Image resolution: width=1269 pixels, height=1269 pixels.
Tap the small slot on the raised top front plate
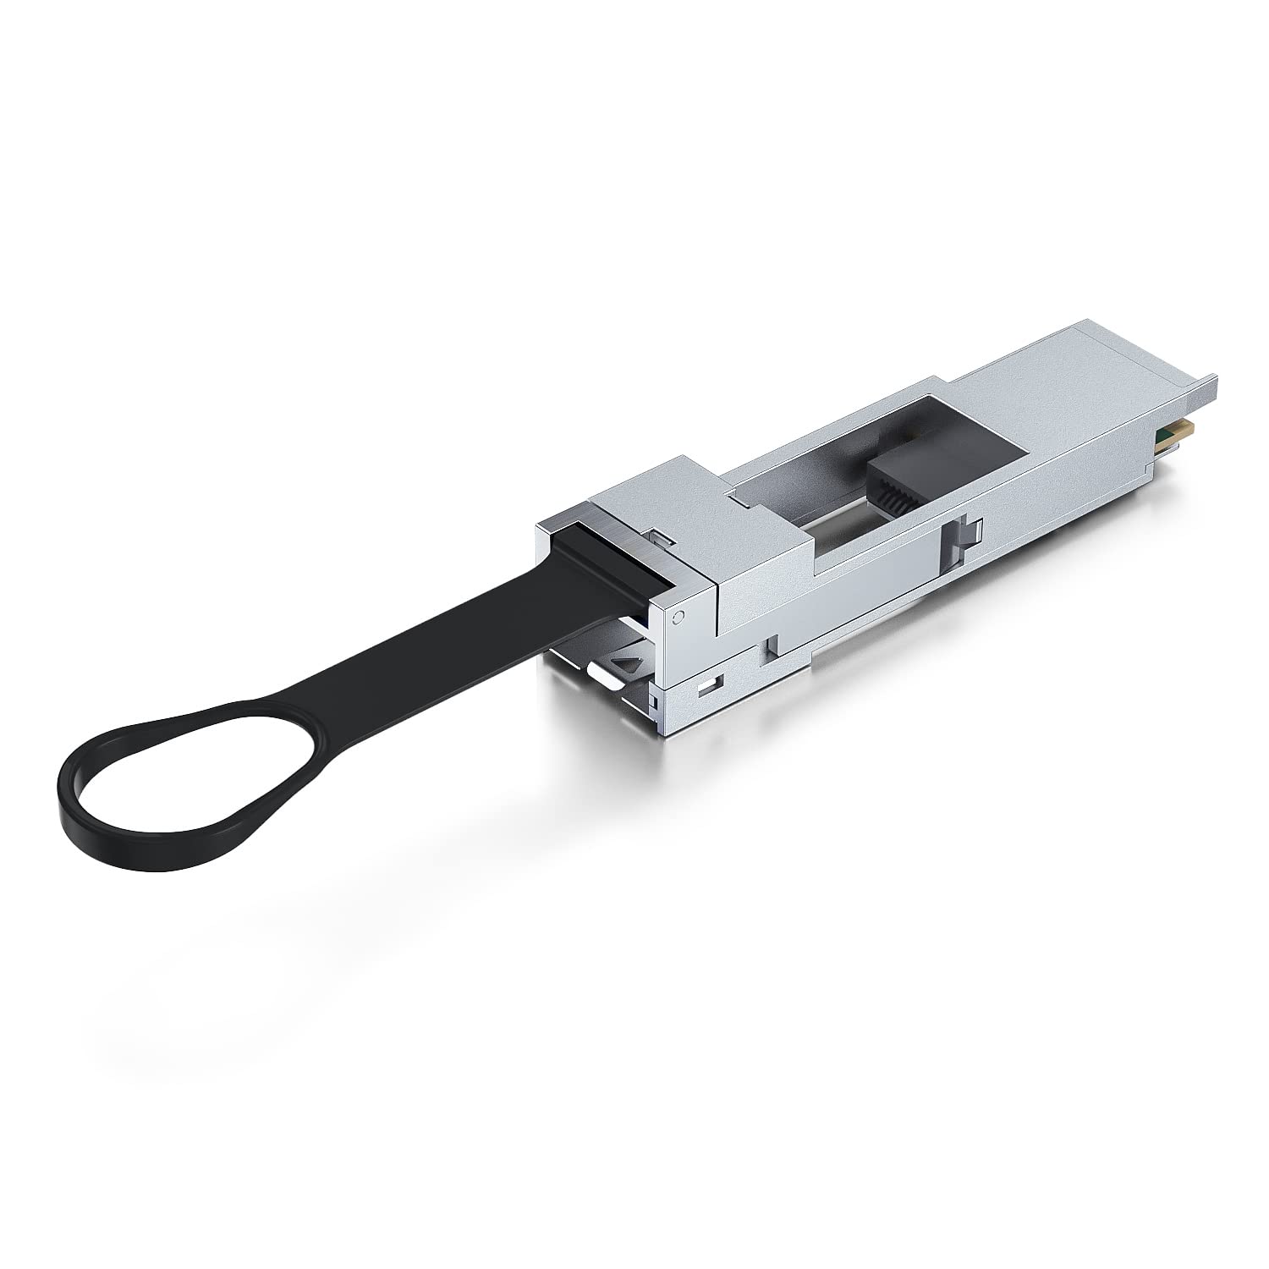click(662, 536)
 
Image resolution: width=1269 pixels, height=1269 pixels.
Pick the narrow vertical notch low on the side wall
click(769, 646)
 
